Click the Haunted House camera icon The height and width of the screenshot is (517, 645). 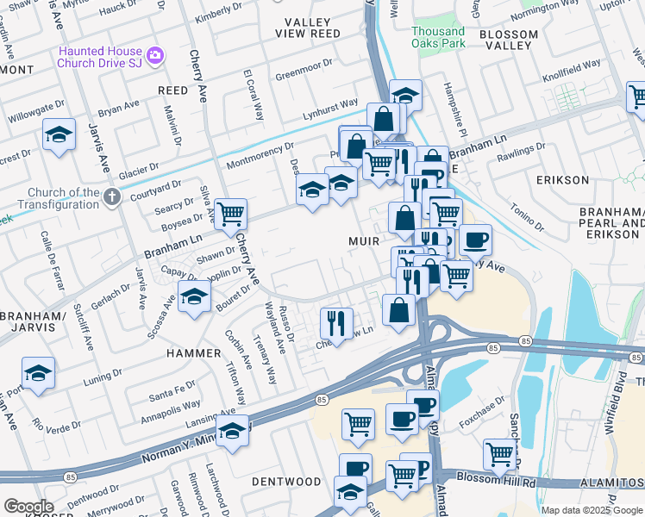tap(155, 56)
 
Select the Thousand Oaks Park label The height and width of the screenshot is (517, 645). tap(437, 37)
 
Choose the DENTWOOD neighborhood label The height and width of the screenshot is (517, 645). tap(285, 481)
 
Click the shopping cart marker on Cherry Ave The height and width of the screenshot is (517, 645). tap(230, 214)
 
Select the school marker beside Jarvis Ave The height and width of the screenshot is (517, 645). tap(59, 134)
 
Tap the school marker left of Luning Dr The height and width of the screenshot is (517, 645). tap(38, 372)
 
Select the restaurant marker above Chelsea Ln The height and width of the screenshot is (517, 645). tap(335, 324)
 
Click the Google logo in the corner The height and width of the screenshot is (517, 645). tap(28, 507)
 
